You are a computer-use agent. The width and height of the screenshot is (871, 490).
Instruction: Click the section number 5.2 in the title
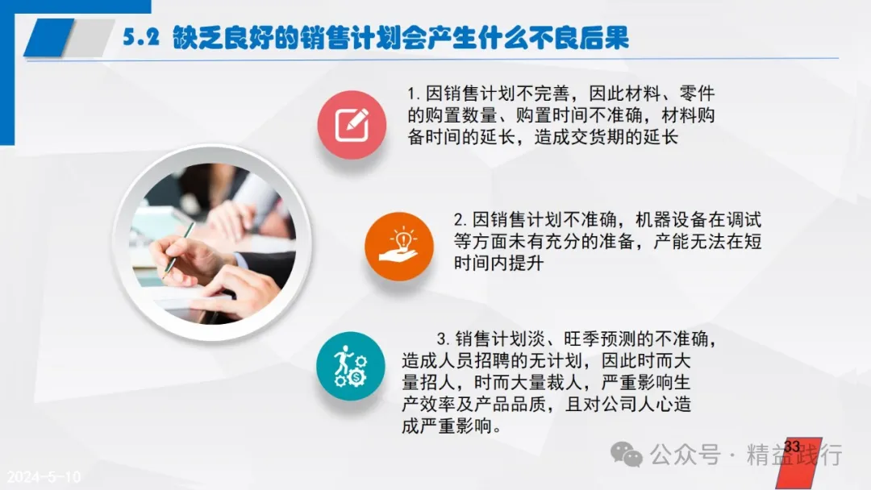tap(141, 38)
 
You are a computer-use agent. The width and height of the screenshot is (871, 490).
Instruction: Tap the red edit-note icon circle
tap(352, 125)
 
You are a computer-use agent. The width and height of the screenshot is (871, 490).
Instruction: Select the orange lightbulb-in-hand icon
tap(399, 246)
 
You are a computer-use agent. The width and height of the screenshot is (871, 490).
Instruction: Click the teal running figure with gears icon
tap(351, 366)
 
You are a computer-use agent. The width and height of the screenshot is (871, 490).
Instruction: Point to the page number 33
tap(792, 446)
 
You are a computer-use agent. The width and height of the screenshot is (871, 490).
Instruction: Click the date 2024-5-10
tap(44, 476)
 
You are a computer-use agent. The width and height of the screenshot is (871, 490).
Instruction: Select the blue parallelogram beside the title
tap(49, 38)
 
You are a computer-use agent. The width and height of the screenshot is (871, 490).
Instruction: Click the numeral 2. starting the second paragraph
tap(461, 220)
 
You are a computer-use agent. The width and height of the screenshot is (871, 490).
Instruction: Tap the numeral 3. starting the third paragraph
tap(444, 339)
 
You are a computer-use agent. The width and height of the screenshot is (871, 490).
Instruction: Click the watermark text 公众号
tap(686, 455)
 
